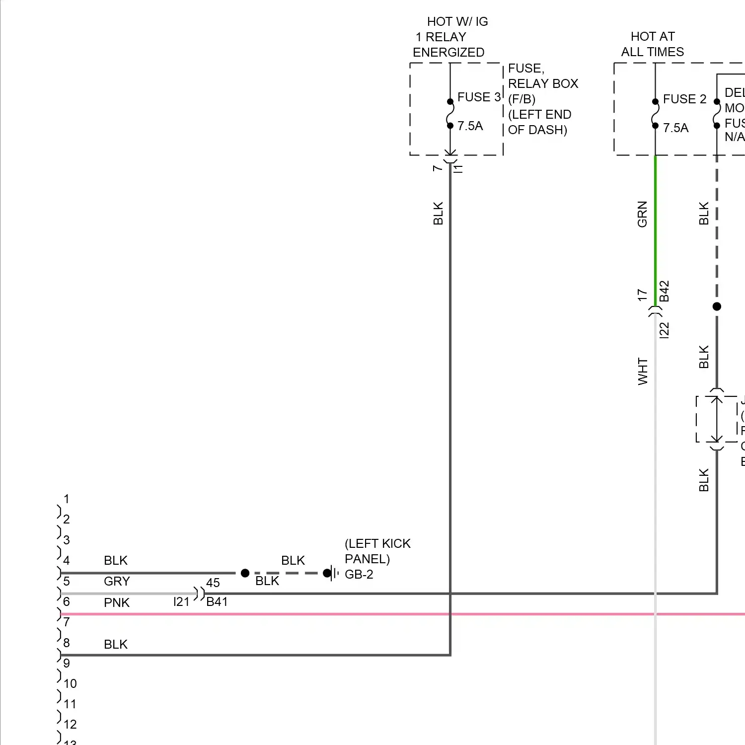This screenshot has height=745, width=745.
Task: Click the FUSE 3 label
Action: pos(479,97)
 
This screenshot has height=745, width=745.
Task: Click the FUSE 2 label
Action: pos(684,99)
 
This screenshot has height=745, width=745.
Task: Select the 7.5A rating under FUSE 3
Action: pos(470,126)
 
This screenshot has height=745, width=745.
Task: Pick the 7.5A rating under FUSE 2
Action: pos(675,128)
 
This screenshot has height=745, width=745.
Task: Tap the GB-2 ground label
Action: pos(359,575)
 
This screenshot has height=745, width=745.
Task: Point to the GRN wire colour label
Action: pos(642,214)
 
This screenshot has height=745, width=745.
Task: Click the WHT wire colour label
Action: pos(643,372)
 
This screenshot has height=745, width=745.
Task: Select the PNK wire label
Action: pos(116,603)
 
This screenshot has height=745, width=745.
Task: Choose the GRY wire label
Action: pos(117,582)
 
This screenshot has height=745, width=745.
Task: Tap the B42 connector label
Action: pos(665,292)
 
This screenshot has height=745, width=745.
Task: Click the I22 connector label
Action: pos(665,330)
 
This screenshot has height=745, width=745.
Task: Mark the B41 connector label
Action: pos(217,602)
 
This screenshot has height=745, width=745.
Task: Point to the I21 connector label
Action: pos(182,602)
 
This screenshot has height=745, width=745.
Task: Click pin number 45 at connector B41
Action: pos(213,583)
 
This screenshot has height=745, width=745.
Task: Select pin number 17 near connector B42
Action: pos(642,295)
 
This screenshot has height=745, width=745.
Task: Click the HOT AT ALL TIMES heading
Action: pos(652,44)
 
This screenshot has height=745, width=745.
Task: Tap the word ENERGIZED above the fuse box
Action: pos(448,53)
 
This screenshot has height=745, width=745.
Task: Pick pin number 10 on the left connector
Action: pos(70,684)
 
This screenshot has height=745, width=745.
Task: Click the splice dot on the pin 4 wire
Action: pos(245,573)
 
